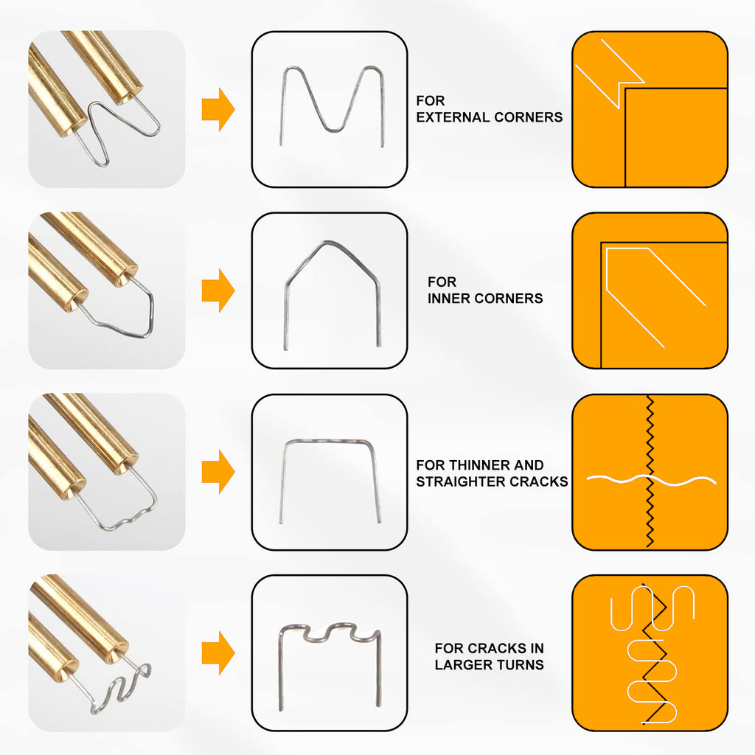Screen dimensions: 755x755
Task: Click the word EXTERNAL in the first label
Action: (x=453, y=117)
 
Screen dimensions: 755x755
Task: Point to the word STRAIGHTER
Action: (x=462, y=481)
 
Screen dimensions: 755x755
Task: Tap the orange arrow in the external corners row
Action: (x=218, y=109)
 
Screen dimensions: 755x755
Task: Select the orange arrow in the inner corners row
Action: (x=218, y=290)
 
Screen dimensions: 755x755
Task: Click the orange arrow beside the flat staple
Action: (x=218, y=472)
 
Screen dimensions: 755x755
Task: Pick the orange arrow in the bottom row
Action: (x=218, y=653)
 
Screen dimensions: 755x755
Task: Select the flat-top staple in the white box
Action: (x=329, y=441)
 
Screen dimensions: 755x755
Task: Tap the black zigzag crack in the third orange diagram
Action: (x=650, y=471)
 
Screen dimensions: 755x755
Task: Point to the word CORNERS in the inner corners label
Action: (x=509, y=299)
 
